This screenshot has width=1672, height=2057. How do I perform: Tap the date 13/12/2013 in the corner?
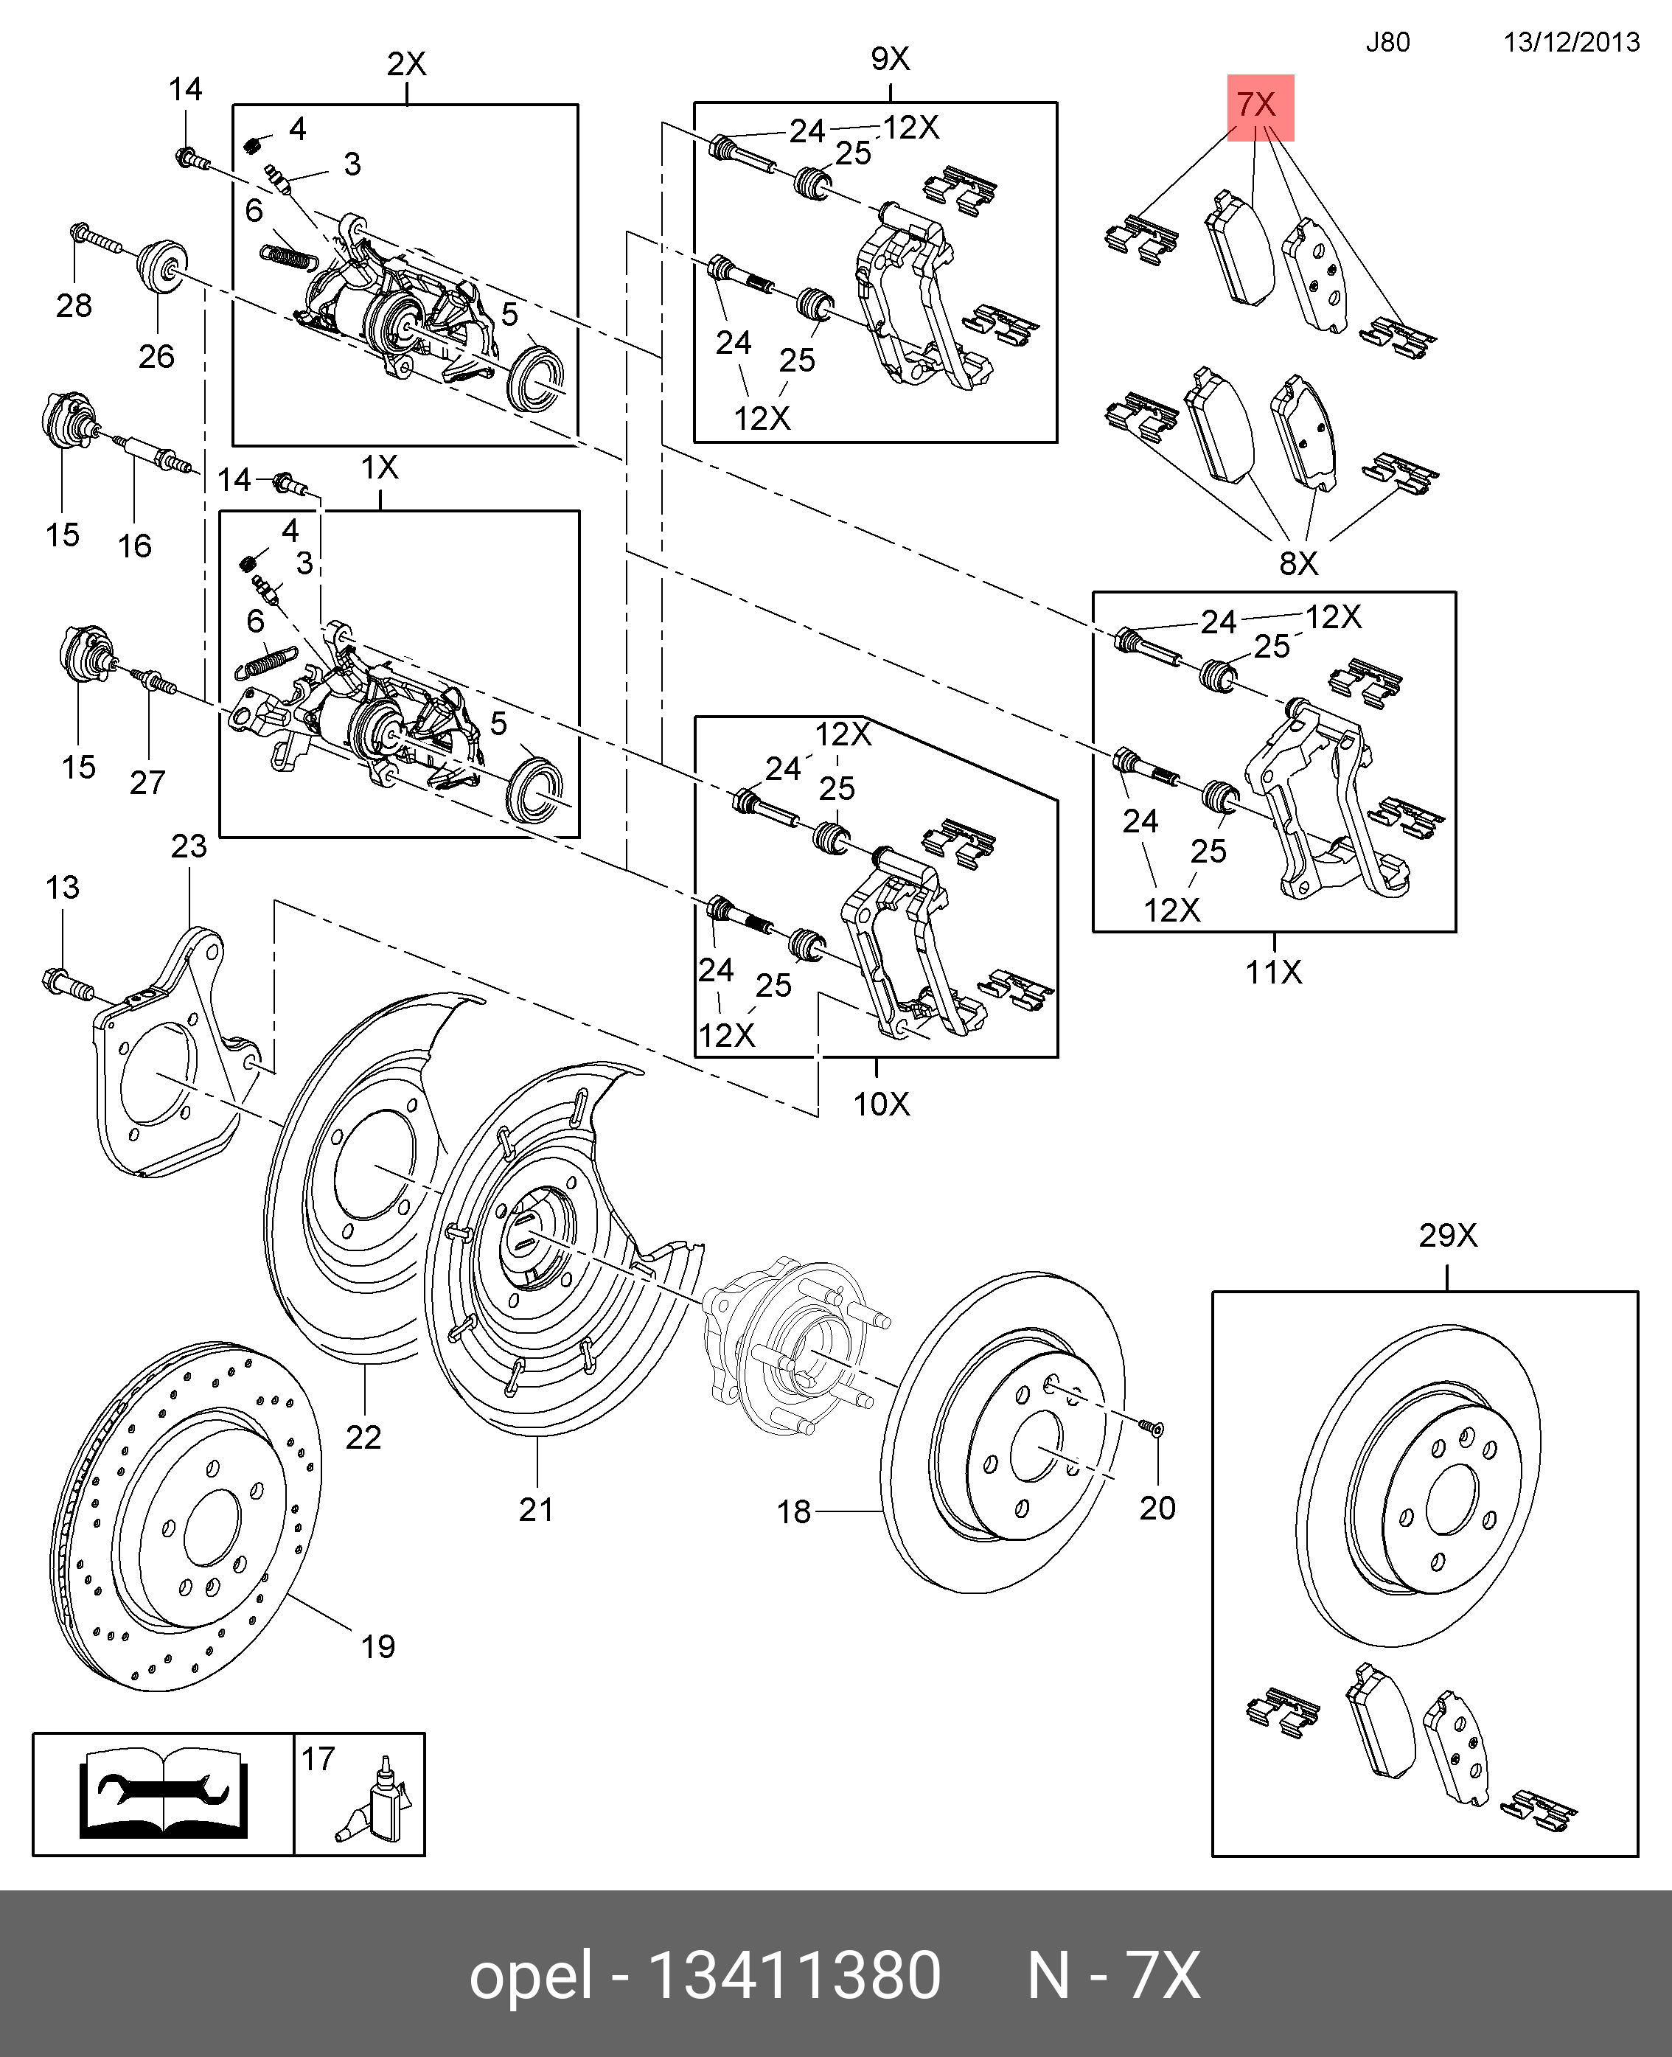[x=1571, y=42]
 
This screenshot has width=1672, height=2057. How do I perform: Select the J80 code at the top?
[x=1387, y=42]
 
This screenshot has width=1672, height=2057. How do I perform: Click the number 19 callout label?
[x=377, y=1647]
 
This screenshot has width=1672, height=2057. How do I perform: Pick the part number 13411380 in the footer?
[x=795, y=1976]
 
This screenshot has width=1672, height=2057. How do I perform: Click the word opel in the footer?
[x=530, y=1976]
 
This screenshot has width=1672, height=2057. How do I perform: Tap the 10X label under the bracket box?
[x=880, y=1104]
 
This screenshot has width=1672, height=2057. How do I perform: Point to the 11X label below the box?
[x=1273, y=972]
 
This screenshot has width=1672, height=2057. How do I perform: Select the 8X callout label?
[x=1297, y=563]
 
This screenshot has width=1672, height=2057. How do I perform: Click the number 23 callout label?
[x=189, y=846]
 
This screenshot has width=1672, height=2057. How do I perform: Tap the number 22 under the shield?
[x=363, y=1438]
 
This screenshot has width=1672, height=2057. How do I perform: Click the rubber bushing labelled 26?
[x=161, y=265]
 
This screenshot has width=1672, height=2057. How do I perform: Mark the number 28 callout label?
[x=74, y=306]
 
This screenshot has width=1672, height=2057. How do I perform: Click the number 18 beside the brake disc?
[x=794, y=1512]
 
